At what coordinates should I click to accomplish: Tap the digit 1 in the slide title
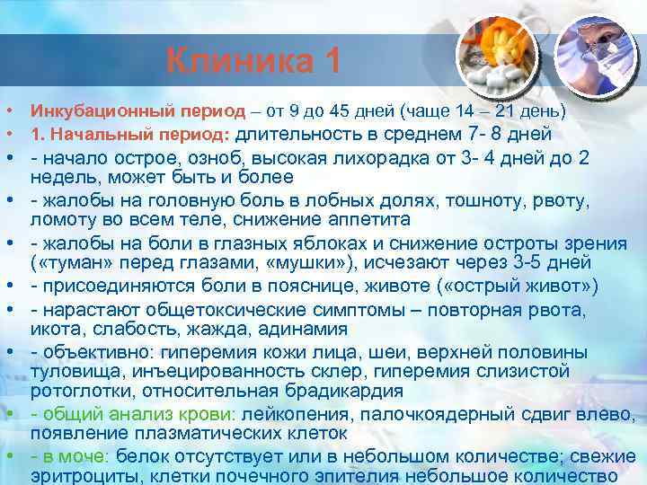pyautogui.click(x=331, y=62)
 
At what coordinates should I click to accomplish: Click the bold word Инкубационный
pyautogui.click(x=88, y=112)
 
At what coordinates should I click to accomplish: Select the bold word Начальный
pyautogui.click(x=93, y=136)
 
